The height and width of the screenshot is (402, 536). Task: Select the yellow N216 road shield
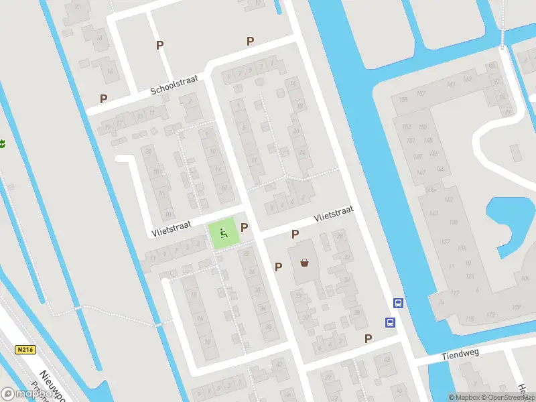(x=25, y=350)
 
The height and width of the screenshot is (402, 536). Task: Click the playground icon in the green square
(x=224, y=233)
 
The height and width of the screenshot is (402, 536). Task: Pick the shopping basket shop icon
(x=306, y=263)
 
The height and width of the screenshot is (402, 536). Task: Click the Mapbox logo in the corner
(x=27, y=394)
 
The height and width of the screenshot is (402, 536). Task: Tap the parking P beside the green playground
(x=244, y=228)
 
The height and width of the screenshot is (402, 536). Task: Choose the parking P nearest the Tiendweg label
(x=368, y=338)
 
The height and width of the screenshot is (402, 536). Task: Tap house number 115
(x=471, y=318)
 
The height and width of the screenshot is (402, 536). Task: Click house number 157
(x=421, y=93)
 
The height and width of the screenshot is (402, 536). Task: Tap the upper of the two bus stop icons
(x=398, y=303)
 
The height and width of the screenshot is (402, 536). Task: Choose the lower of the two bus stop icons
(x=390, y=322)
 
